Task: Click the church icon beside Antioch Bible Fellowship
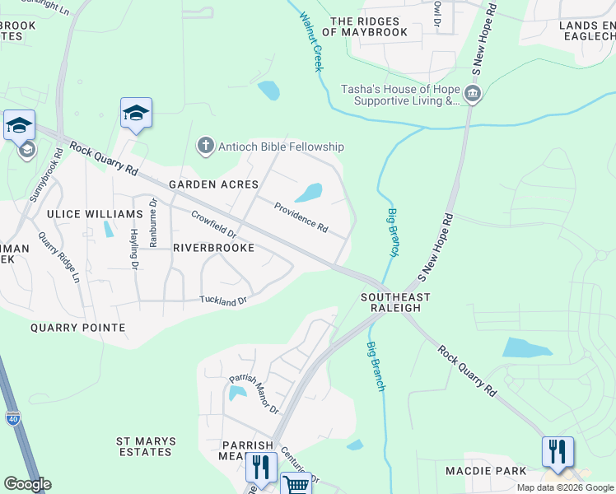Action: click(205, 147)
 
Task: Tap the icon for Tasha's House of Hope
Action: click(473, 93)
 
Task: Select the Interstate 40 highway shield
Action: click(15, 419)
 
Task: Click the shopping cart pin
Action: click(296, 483)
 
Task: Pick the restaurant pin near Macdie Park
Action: click(557, 452)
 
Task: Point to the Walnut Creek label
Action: click(311, 41)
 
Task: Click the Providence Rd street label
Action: click(301, 217)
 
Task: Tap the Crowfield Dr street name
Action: click(213, 225)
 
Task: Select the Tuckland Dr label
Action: click(223, 301)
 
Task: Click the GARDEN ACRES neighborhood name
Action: click(213, 184)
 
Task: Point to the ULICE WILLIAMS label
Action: click(95, 214)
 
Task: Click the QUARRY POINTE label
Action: click(77, 328)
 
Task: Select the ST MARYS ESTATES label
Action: click(144, 445)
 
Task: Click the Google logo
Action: click(27, 484)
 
